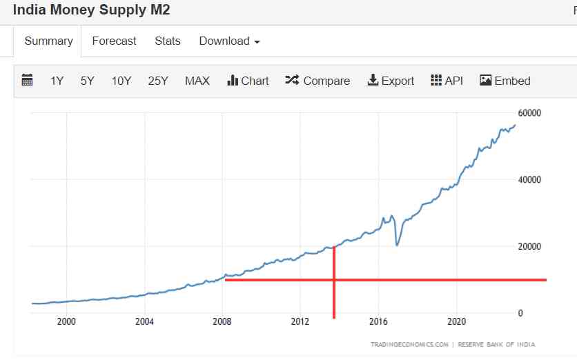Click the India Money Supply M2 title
coord(91,10)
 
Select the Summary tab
coord(48,41)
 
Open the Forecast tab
coord(114,41)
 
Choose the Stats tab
coord(168,41)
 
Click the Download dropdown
coord(229,41)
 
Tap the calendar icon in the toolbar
coord(28,81)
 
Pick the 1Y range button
coord(57,81)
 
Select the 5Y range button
coord(87,81)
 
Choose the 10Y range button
coord(121,81)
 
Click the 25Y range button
coord(158,81)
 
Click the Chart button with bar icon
coord(248,81)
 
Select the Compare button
coord(317,81)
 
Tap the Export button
coord(391,81)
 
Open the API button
coord(447,81)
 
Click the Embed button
coord(505,81)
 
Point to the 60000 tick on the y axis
coord(529,113)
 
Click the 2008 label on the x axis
coord(222,321)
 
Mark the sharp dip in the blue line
coord(396,245)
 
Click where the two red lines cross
coord(334,279)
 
